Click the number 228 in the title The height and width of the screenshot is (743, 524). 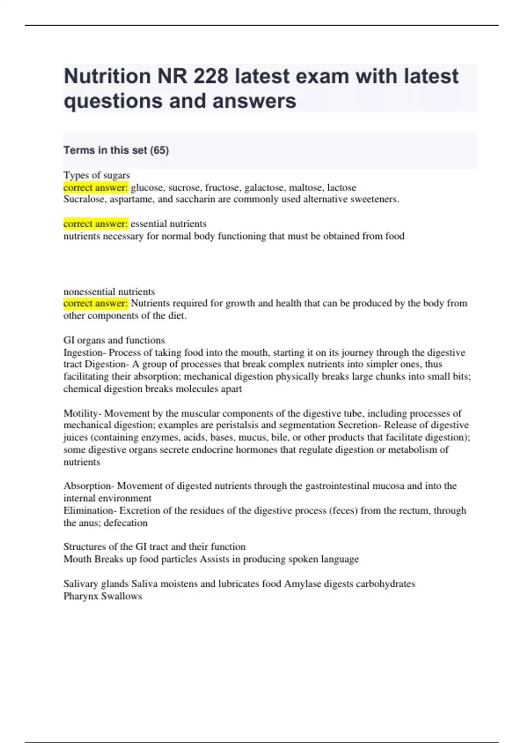tap(211, 76)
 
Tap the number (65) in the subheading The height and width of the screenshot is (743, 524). tap(159, 150)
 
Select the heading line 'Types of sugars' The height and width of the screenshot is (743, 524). tap(97, 175)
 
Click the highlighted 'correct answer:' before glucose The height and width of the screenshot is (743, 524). tap(96, 187)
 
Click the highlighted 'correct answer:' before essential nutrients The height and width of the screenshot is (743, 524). tap(96, 224)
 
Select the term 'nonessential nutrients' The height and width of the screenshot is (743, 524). tap(109, 292)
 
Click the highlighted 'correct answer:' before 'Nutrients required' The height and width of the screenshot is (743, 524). tap(96, 303)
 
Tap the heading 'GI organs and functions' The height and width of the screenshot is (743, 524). tap(114, 340)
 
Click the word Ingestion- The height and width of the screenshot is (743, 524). tap(85, 352)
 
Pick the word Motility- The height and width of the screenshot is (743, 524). tap(83, 413)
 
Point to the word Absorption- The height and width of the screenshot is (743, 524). tap(89, 486)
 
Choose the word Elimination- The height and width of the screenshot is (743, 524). tap(90, 510)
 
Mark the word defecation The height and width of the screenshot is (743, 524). tap(125, 523)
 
